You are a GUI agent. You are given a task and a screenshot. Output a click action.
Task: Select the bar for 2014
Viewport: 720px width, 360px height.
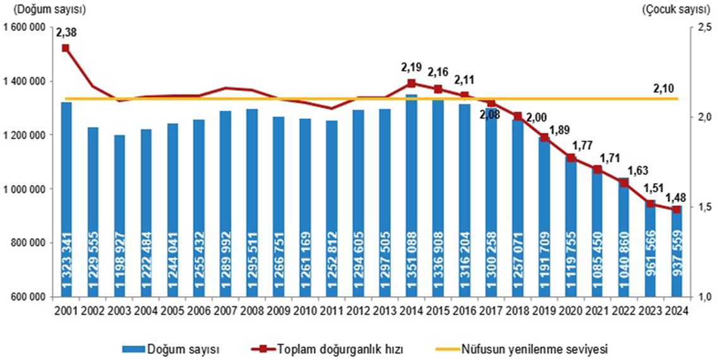[411, 196]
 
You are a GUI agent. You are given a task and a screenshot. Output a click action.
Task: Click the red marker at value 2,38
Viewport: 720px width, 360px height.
[66, 48]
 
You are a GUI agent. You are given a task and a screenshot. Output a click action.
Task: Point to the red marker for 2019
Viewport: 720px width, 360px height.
[544, 137]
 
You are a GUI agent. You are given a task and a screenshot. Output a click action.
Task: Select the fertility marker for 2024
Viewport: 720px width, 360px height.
[676, 209]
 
